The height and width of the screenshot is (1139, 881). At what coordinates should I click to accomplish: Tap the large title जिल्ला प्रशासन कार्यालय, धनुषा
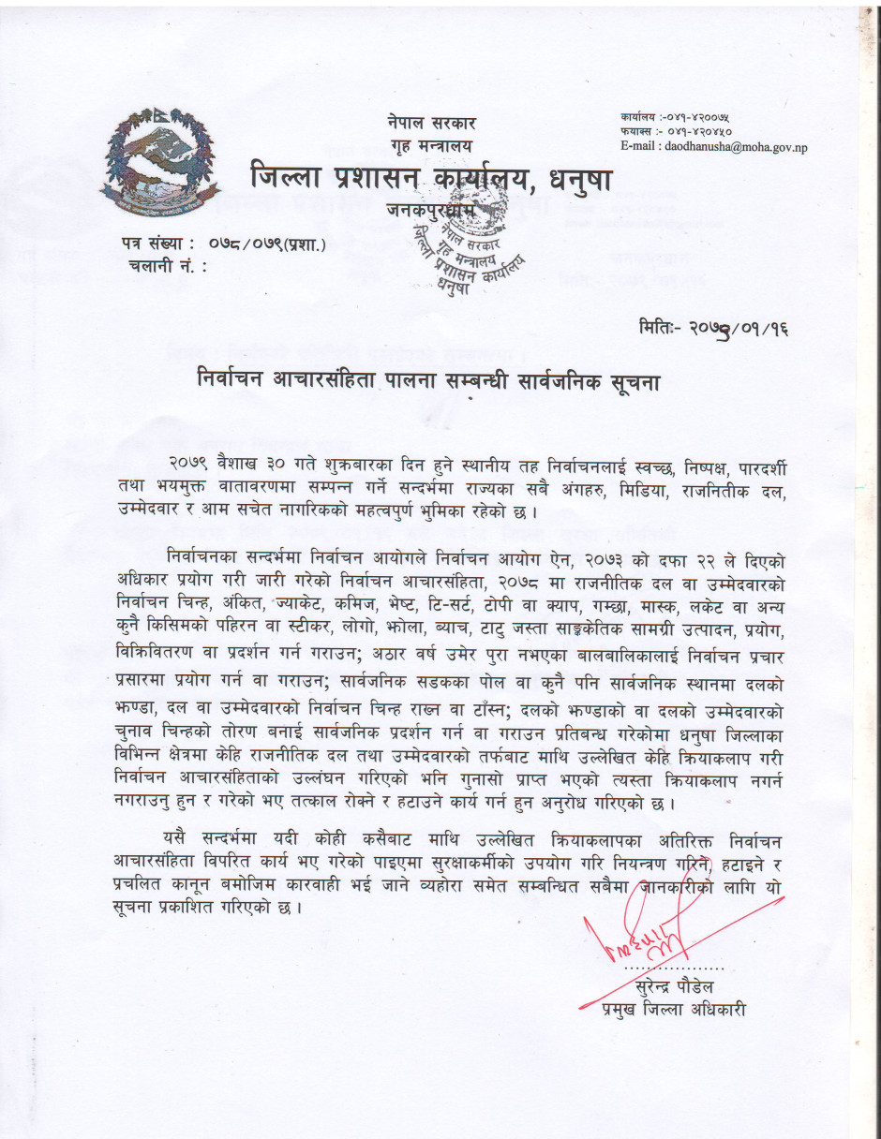(430, 178)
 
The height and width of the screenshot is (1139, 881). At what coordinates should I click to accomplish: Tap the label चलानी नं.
(164, 266)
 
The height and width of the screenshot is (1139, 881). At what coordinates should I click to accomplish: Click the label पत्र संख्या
(157, 245)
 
